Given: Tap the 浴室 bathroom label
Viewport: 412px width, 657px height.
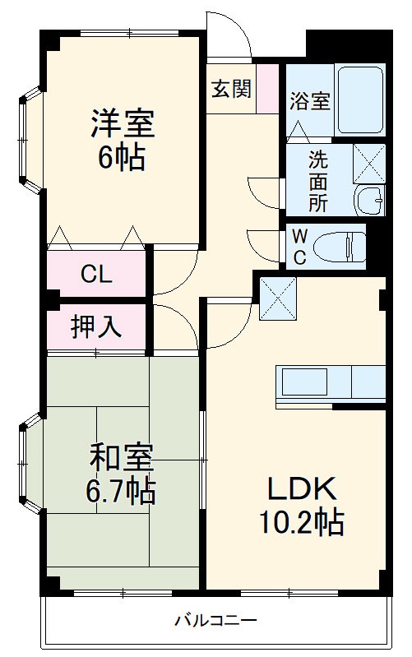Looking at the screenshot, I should point(309,101).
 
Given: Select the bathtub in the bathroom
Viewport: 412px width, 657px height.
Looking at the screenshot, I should point(359,99).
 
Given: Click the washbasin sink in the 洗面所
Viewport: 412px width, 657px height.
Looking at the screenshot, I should point(370,200).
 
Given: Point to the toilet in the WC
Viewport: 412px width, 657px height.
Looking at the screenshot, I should point(346,246).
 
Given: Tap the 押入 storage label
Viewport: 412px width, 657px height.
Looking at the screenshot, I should point(96,326).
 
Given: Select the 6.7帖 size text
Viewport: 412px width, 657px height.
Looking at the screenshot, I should point(122,493).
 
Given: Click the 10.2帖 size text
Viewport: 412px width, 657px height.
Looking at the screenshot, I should point(302,523).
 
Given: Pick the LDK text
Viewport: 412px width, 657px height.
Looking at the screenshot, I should point(301,489).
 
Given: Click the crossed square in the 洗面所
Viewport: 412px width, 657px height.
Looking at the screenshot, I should point(368,161).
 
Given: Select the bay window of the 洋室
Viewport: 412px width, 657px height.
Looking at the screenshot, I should point(29,140).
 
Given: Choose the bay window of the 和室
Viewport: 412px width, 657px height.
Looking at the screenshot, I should point(29,464).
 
